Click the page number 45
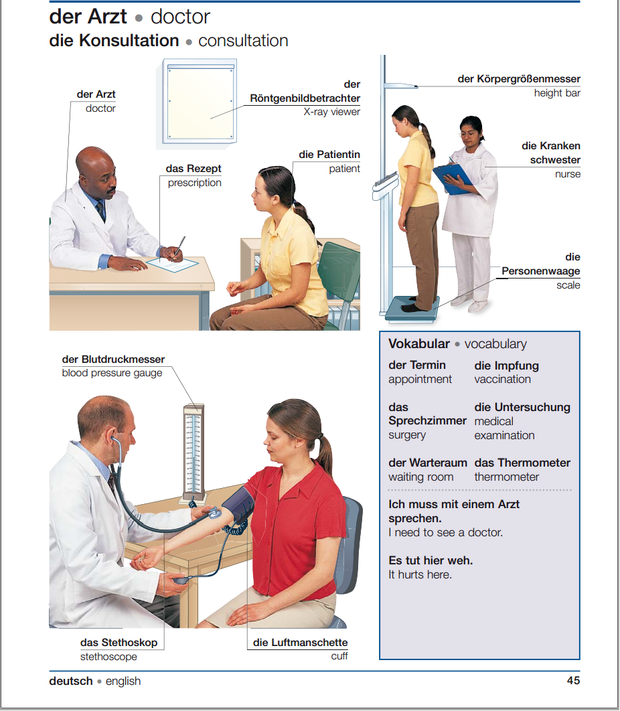[572, 681]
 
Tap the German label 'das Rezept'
[193, 169]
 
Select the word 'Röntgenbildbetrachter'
[305, 98]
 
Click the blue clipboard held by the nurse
[453, 177]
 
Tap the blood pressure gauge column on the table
[193, 452]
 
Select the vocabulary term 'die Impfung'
[506, 366]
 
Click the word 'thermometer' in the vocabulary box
[506, 477]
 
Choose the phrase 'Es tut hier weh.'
[431, 560]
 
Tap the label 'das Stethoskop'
[119, 643]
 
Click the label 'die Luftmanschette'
[300, 643]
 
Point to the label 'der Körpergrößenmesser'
[518, 79]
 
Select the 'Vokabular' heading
[419, 344]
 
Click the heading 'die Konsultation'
[114, 41]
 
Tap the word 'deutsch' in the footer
[71, 681]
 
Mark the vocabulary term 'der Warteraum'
[428, 463]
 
